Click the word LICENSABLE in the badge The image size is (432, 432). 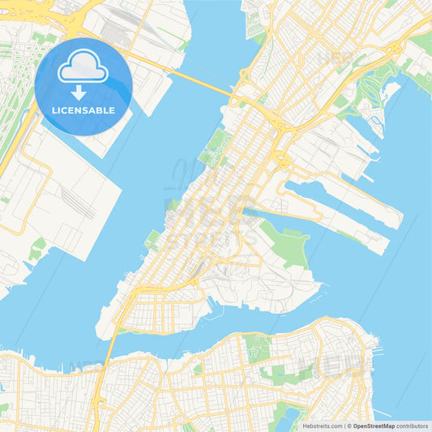(x=83, y=109)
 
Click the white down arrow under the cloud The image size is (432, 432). (x=79, y=91)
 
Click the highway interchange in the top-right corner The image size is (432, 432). (x=401, y=53)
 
